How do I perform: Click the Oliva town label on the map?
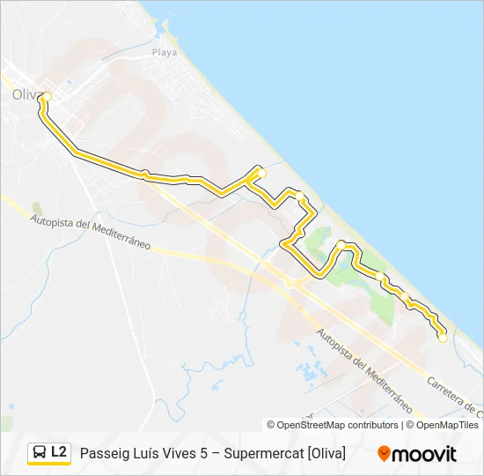[x=24, y=94]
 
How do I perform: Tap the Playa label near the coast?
[x=165, y=52]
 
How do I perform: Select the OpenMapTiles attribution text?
[x=447, y=425]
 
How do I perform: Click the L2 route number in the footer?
[x=59, y=451]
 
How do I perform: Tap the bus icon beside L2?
[x=40, y=452]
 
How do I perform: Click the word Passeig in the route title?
[x=104, y=453]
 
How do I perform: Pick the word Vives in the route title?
[x=184, y=453]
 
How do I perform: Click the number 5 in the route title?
[x=209, y=453]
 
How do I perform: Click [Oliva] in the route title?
[x=326, y=453]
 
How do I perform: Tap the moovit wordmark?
[x=425, y=454]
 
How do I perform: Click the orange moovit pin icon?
[x=384, y=453]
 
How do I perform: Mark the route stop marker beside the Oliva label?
[x=48, y=96]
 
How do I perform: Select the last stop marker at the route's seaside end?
[x=443, y=338]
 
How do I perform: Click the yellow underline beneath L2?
[x=49, y=465]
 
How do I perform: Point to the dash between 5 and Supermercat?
[x=219, y=453]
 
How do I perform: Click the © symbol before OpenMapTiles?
[x=408, y=425]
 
